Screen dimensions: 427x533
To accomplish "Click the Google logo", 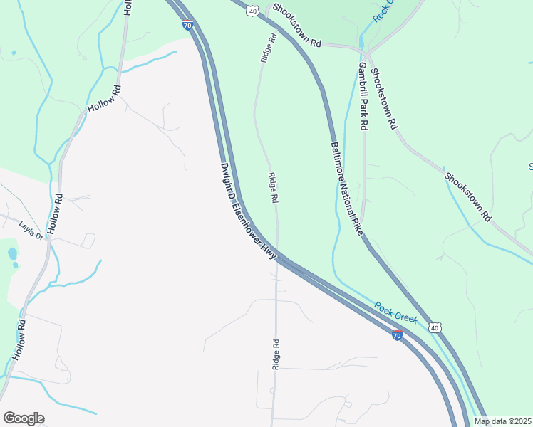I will pyautogui.click(x=24, y=418).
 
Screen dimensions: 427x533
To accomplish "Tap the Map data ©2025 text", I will pyautogui.click(x=502, y=421).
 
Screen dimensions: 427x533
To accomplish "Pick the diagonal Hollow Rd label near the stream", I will pyautogui.click(x=104, y=100).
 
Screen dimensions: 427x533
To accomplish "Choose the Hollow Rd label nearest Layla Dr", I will pyautogui.click(x=55, y=214).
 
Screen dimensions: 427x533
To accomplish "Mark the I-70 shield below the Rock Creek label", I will pyautogui.click(x=397, y=334).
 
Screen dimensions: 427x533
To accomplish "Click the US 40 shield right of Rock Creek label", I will pyautogui.click(x=434, y=327).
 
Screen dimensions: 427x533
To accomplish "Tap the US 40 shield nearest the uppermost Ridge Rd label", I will pyautogui.click(x=254, y=11).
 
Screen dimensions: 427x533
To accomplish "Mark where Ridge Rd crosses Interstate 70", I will pyautogui.click(x=276, y=257).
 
